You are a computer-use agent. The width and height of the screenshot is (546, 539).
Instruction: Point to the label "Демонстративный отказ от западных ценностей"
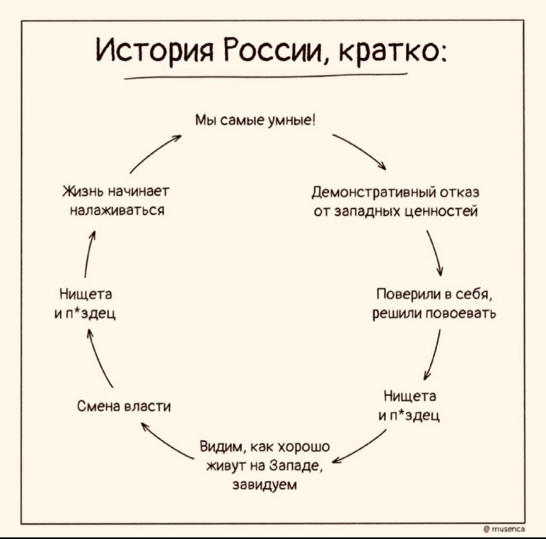click(x=396, y=202)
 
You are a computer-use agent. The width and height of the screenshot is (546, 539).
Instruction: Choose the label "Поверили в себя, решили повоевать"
click(x=435, y=303)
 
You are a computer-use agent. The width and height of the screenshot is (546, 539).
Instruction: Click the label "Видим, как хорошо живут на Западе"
click(x=265, y=456)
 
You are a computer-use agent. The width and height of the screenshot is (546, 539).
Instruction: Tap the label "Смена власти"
click(x=124, y=406)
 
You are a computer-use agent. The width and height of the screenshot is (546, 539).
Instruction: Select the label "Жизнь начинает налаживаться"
click(x=116, y=201)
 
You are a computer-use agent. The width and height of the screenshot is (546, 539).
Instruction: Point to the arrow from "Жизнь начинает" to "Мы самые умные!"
click(x=155, y=154)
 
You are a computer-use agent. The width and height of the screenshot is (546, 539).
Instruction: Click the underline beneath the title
click(x=265, y=76)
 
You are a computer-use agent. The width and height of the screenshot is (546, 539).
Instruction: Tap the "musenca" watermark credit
click(x=505, y=529)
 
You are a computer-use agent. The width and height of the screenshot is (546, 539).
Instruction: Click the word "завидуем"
click(x=265, y=484)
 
